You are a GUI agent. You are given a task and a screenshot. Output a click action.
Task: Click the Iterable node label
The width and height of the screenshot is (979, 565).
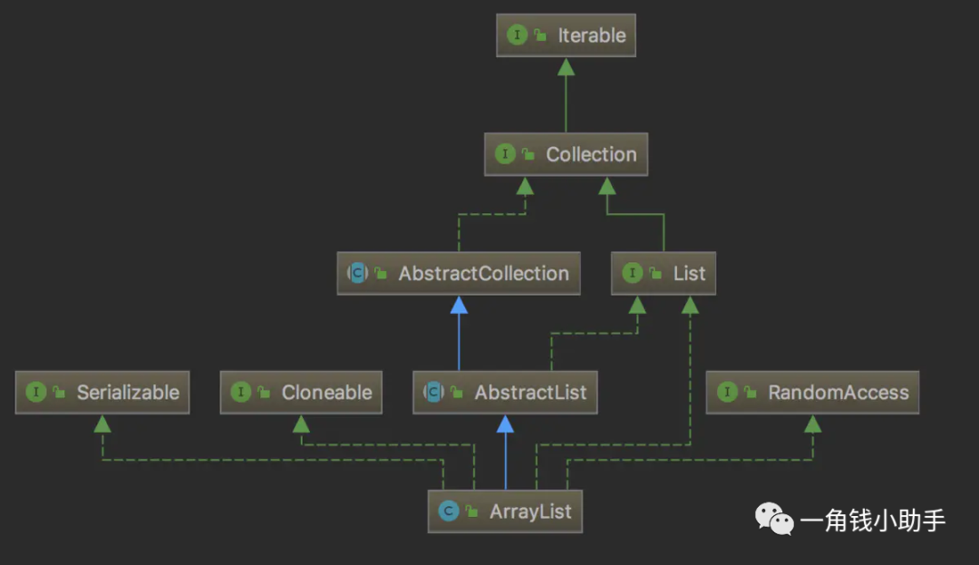tap(591, 35)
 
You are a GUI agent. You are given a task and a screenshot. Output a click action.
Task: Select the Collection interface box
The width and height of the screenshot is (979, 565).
tap(566, 154)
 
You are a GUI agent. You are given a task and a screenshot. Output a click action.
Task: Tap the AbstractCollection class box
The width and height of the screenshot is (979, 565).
tap(459, 274)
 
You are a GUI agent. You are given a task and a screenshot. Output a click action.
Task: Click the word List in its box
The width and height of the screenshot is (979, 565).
tap(689, 274)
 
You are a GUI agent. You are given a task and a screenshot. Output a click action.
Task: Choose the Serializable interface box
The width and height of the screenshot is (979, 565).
tap(102, 393)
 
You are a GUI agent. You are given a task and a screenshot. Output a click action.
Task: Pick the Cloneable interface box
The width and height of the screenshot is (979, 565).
tap(301, 393)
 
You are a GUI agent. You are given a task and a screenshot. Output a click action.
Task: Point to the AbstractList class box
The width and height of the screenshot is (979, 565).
tap(505, 393)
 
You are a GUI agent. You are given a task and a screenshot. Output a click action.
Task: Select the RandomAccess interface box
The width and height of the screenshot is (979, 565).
tap(812, 393)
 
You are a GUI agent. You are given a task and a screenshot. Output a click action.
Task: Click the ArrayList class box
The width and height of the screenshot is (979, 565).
tap(505, 511)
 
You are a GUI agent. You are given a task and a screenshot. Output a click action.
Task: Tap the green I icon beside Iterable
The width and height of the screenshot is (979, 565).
tap(517, 35)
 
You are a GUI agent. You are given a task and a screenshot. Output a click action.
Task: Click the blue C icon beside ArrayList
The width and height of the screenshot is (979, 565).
tap(449, 511)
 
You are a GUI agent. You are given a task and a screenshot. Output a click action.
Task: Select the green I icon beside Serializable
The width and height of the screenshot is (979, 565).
tap(36, 392)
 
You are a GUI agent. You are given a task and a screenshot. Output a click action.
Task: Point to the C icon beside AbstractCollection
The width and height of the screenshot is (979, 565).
tap(358, 273)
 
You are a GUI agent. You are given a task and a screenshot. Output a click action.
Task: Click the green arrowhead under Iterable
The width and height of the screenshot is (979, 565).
tap(566, 67)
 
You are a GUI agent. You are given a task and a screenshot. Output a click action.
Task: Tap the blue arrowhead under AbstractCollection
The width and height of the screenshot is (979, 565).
tap(459, 305)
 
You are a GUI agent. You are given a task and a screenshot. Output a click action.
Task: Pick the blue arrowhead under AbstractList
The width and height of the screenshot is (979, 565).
tap(505, 424)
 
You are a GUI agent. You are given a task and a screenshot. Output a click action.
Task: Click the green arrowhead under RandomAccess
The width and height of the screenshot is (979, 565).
tap(812, 424)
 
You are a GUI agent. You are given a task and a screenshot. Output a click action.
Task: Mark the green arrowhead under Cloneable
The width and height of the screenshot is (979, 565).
tap(301, 424)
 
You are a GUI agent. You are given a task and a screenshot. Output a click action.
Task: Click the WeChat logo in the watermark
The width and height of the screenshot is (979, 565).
tap(774, 519)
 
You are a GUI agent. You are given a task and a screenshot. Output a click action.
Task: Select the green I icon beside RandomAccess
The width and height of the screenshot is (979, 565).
tap(727, 392)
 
